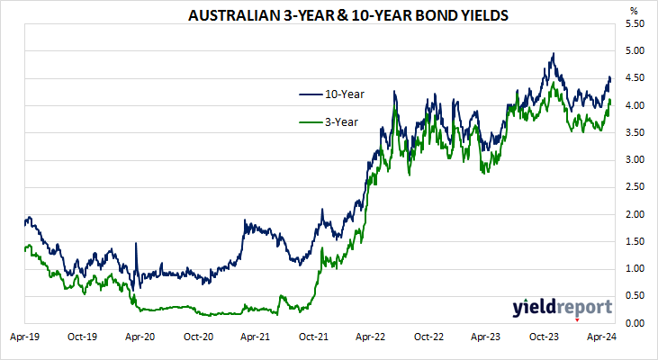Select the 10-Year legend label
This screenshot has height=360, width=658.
346,94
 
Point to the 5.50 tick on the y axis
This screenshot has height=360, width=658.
633,24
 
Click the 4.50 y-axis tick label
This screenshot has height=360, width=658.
633,78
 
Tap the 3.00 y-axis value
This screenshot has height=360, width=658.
633,160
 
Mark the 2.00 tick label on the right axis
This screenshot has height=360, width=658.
633,214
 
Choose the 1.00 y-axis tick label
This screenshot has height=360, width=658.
633,269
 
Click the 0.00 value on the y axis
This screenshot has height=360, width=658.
633,323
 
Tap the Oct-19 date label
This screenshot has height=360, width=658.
82,337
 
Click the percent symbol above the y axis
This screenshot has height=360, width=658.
633,10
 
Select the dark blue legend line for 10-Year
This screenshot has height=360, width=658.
310,94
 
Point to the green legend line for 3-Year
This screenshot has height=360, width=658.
310,121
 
